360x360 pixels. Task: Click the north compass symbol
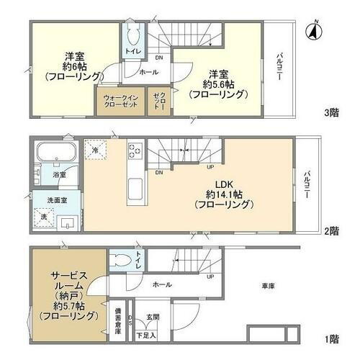(x=313, y=30)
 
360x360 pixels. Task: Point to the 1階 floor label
(x=332, y=338)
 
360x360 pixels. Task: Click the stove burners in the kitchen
(x=136, y=151)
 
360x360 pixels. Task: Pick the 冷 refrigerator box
(x=96, y=149)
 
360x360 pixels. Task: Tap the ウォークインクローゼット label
(x=120, y=100)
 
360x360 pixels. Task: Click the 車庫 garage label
(x=270, y=288)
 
